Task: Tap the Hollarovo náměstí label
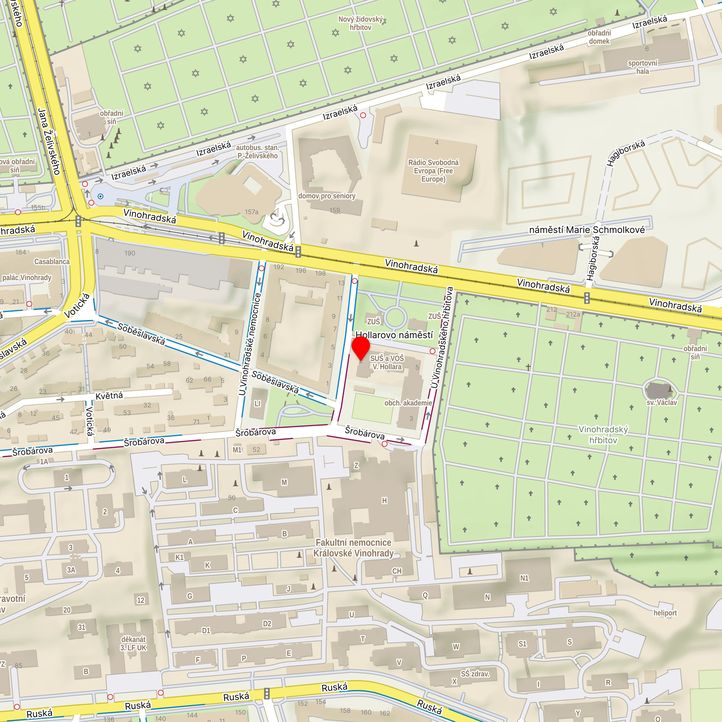pyautogui.click(x=394, y=334)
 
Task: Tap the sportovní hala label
pyautogui.click(x=642, y=67)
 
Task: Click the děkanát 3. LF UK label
pyautogui.click(x=134, y=642)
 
